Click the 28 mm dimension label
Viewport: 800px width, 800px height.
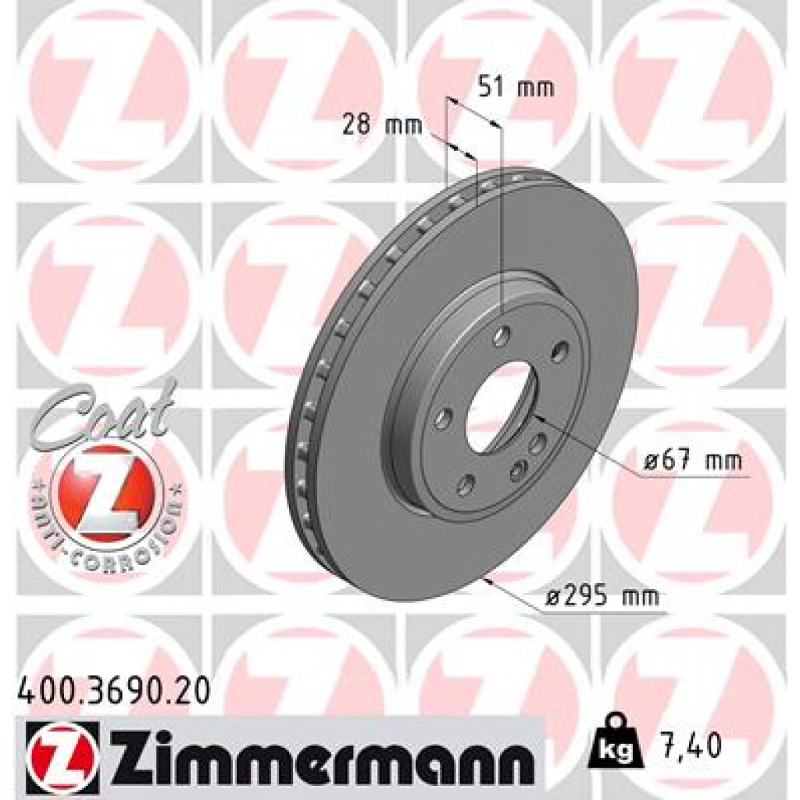382,124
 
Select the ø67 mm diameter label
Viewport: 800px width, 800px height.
693,462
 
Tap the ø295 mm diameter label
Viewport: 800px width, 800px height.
602,598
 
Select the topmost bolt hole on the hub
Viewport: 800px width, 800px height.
502,336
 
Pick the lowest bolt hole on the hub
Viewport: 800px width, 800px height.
465,485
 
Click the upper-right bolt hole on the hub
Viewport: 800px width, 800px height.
559,352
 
